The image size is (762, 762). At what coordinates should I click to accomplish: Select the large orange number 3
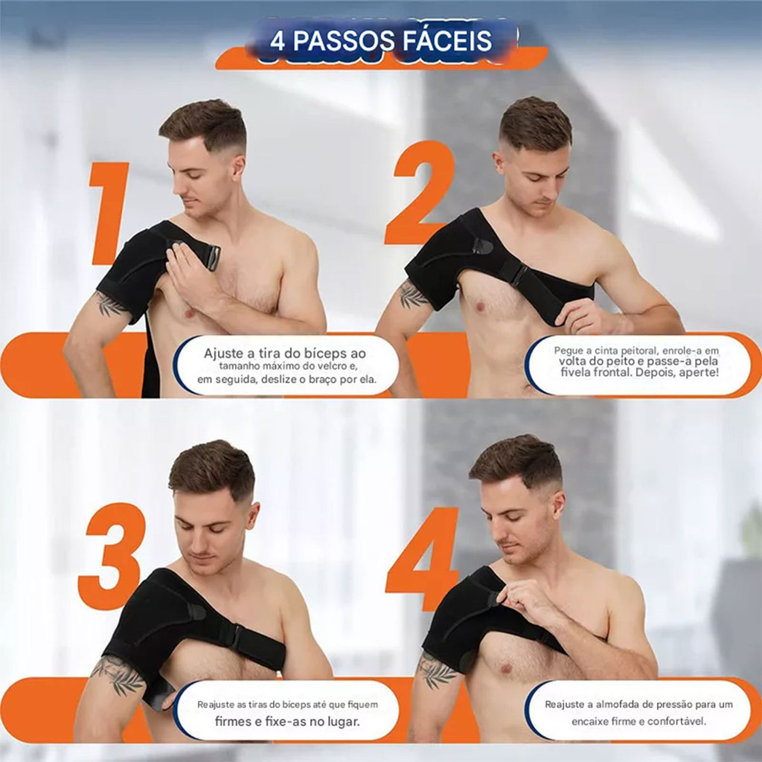tap(112, 556)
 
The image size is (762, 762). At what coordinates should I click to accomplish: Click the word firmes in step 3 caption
tap(231, 721)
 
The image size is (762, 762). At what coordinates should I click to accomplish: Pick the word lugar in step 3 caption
tap(342, 722)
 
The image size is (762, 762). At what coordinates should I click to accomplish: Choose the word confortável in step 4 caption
tap(677, 721)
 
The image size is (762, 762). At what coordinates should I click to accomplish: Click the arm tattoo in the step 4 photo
tap(435, 670)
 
